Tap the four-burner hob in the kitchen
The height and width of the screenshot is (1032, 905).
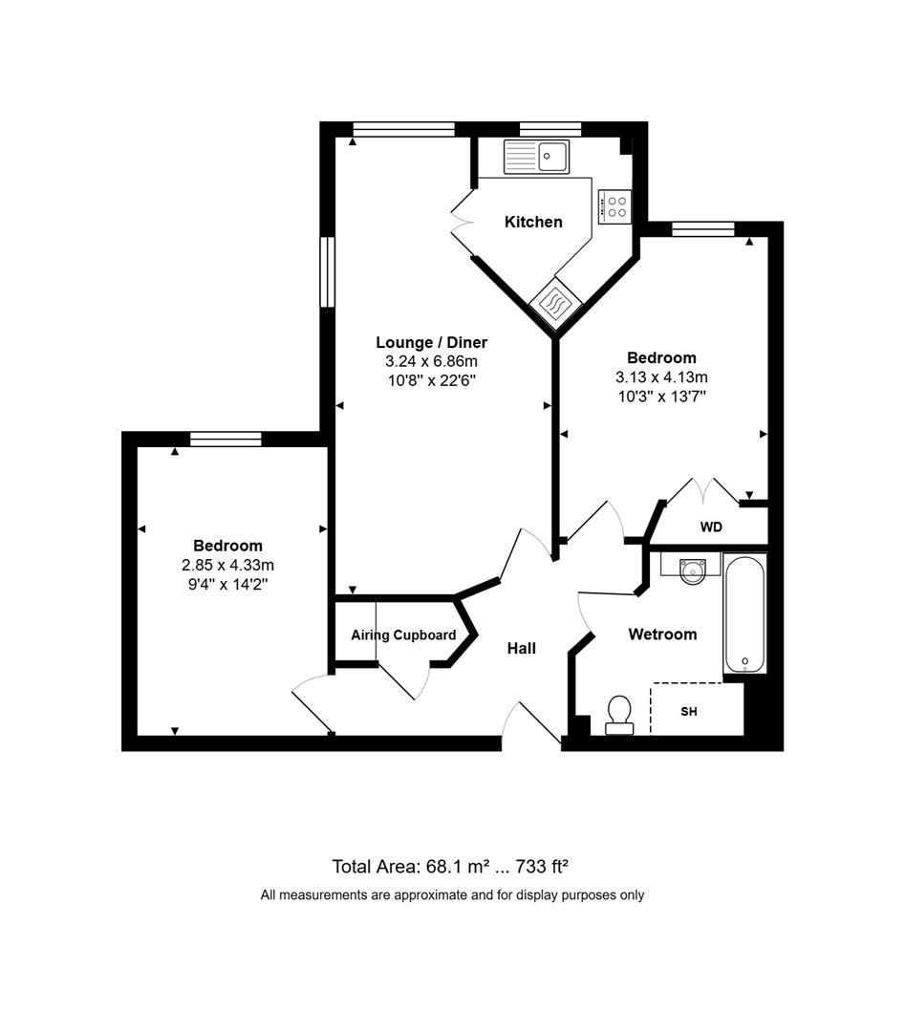click(615, 206)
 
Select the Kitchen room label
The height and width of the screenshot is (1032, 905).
click(533, 222)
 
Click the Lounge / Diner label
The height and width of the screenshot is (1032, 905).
click(431, 342)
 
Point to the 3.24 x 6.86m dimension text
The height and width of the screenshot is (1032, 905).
click(431, 361)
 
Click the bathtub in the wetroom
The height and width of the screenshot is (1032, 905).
click(743, 613)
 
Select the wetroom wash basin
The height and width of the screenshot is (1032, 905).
click(692, 570)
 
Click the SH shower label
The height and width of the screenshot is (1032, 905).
click(689, 712)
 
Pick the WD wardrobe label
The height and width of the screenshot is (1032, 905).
click(711, 527)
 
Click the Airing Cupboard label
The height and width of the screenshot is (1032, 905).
click(402, 634)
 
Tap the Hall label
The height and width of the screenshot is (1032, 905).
click(521, 648)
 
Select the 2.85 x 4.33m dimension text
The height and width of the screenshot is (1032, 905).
click(227, 565)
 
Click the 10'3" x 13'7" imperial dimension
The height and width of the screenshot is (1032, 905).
click(662, 395)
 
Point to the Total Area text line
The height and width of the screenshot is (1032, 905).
click(450, 867)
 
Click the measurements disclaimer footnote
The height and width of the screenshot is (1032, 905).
click(452, 895)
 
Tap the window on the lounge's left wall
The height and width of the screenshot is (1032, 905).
click(327, 271)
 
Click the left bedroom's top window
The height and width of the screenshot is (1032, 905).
click(226, 439)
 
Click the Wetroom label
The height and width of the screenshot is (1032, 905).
click(661, 634)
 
